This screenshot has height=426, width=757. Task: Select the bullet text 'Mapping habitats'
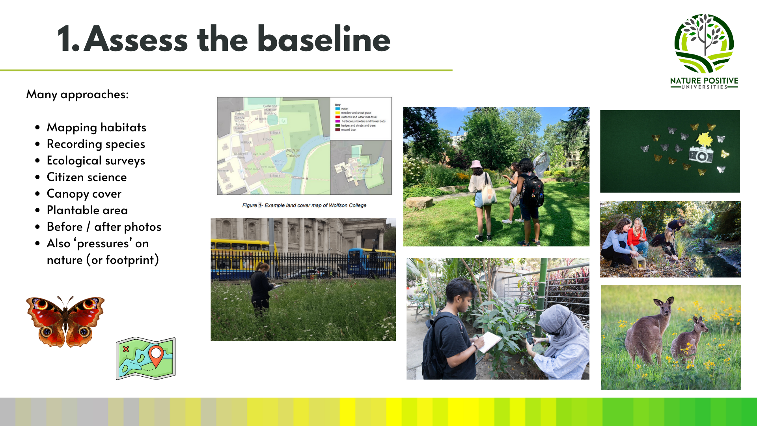(96, 127)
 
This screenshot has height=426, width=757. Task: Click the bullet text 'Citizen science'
(87, 177)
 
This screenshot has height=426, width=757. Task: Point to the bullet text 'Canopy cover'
(84, 194)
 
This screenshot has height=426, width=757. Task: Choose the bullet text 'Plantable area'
(87, 210)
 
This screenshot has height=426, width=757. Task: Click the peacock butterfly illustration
(65, 321)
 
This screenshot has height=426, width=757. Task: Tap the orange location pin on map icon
(156, 355)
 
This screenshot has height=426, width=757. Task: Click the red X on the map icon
(126, 349)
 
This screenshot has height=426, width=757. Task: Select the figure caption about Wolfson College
(304, 206)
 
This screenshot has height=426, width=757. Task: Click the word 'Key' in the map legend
(337, 105)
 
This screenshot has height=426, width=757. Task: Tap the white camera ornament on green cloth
(701, 154)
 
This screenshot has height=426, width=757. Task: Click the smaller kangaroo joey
(690, 339)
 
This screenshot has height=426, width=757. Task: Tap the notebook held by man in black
(489, 341)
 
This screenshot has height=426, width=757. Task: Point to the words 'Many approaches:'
(77, 95)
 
